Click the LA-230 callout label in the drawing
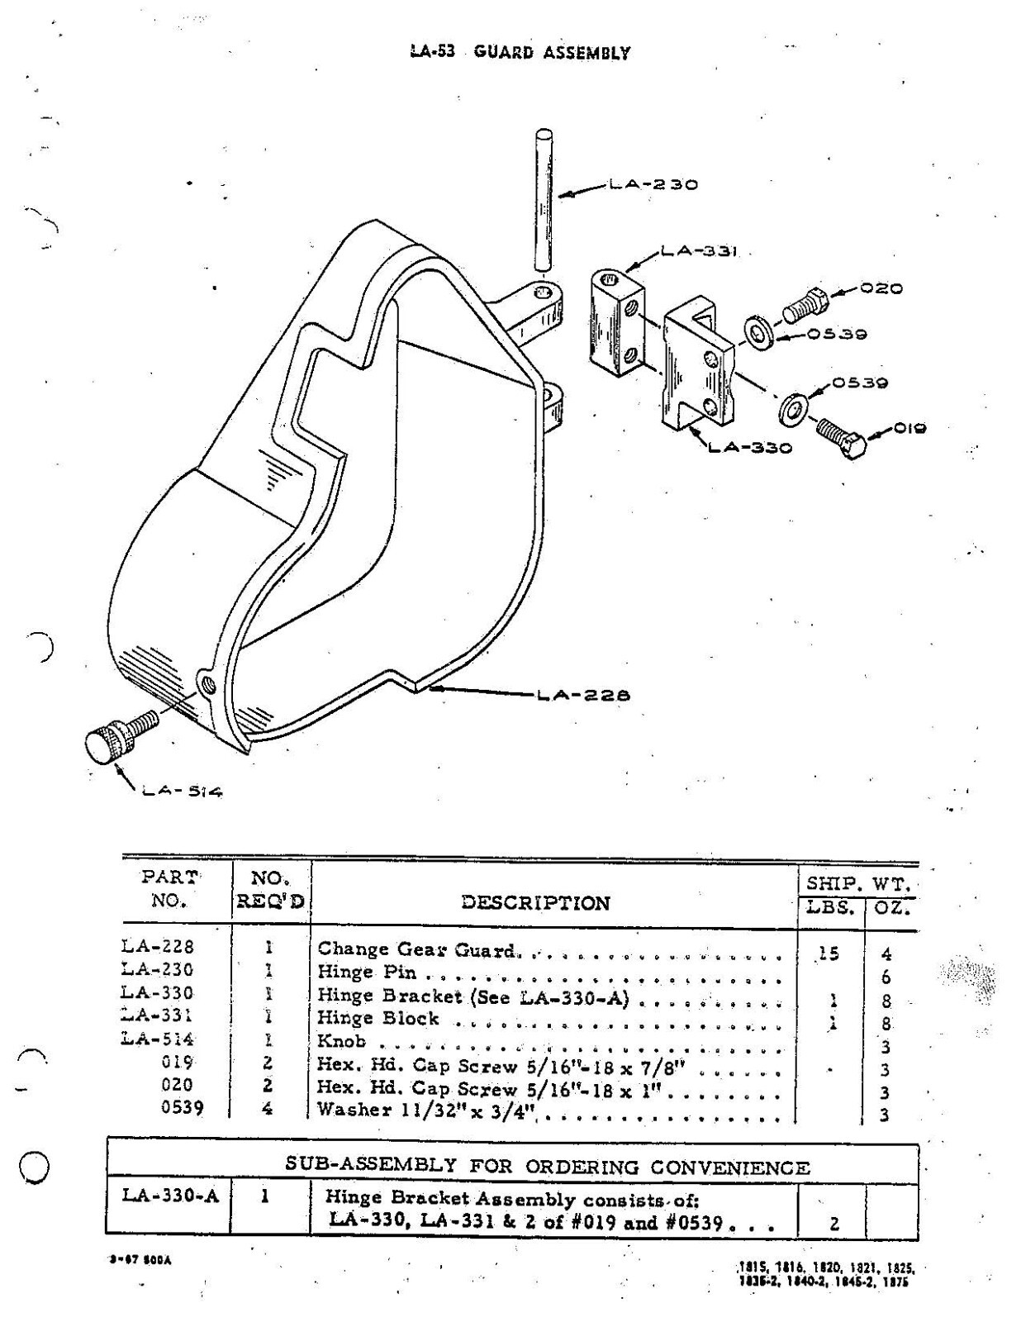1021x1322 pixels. [x=653, y=184]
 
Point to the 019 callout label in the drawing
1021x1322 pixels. [x=909, y=428]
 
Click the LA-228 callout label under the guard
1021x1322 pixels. [x=583, y=695]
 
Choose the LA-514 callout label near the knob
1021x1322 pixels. [x=182, y=792]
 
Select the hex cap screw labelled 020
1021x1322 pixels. [x=803, y=306]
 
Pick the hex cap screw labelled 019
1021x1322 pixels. [x=841, y=437]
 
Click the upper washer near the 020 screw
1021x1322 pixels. [x=758, y=332]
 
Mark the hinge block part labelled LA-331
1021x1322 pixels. [x=616, y=324]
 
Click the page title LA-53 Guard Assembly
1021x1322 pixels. [x=520, y=52]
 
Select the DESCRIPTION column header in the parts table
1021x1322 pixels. [x=535, y=902]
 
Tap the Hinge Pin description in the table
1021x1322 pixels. [x=367, y=972]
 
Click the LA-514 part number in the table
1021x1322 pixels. [x=158, y=1039]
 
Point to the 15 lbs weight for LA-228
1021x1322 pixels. [x=829, y=953]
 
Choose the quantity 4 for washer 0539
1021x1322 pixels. [x=267, y=1108]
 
